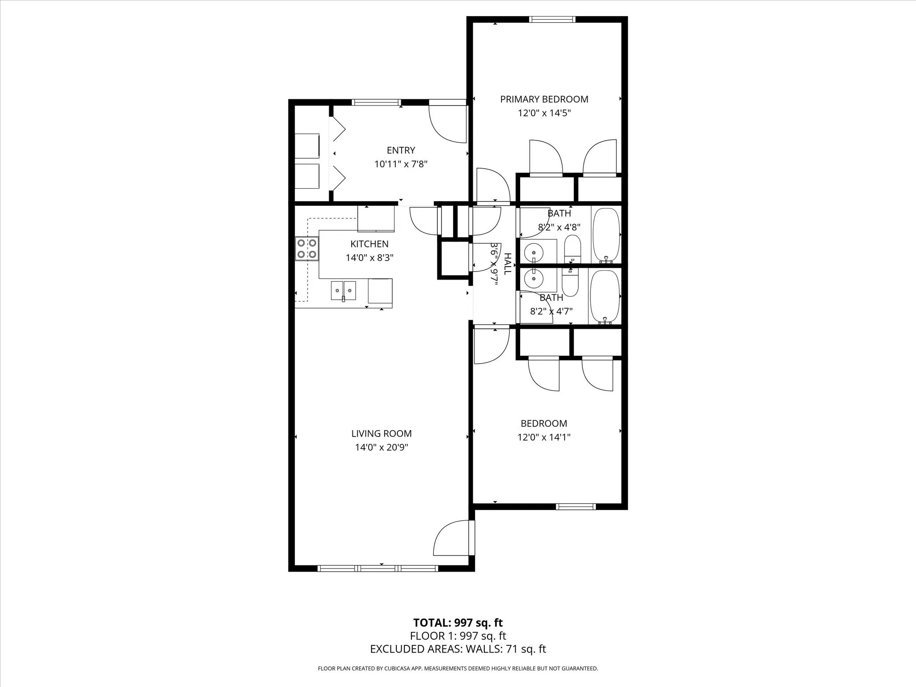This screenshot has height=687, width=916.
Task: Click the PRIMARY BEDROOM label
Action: click(544, 99)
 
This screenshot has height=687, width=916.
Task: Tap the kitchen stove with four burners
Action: click(307, 249)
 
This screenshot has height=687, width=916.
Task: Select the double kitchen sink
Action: click(343, 290)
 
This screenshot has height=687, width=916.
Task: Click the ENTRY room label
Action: click(401, 150)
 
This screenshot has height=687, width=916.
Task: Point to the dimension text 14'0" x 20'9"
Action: click(382, 447)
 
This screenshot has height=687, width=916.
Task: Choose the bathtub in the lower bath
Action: click(605, 296)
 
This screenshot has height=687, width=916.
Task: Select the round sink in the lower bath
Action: click(534, 279)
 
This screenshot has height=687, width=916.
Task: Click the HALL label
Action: click(507, 264)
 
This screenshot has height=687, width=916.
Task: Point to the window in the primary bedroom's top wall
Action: click(552, 19)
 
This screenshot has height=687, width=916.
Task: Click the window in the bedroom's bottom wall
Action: click(576, 506)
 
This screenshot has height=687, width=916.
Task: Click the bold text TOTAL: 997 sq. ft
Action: click(458, 623)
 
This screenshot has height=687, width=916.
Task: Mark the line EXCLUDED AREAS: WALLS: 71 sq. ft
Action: click(458, 649)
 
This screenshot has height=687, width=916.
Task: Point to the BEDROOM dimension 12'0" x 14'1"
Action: click(544, 437)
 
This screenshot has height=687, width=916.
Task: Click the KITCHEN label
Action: click(369, 244)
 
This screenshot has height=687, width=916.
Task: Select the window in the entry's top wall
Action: click(376, 102)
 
